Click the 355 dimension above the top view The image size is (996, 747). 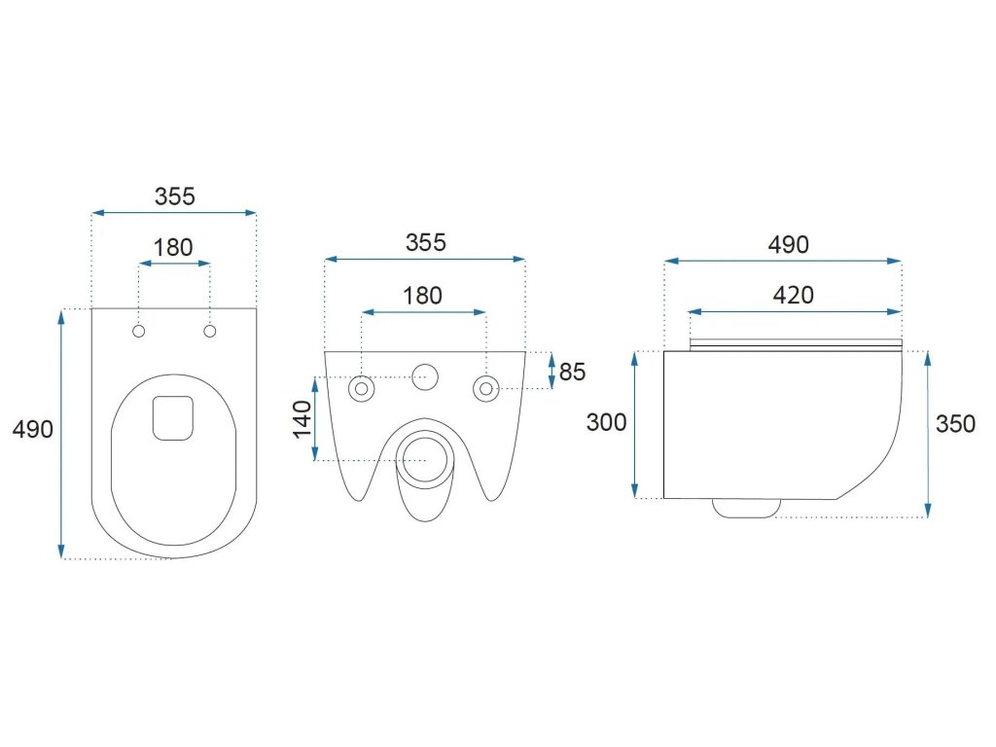(x=174, y=196)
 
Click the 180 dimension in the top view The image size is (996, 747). (x=174, y=247)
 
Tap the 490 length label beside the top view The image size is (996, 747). (x=33, y=429)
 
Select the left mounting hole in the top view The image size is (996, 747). (x=139, y=332)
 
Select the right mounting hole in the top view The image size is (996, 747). (x=209, y=332)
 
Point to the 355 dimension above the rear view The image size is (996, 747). (x=425, y=242)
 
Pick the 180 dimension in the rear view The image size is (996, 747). (x=423, y=296)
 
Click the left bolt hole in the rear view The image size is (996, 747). (x=362, y=388)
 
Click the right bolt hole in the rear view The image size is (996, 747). (x=484, y=388)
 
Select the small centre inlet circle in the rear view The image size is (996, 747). (x=424, y=375)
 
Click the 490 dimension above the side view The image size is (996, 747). (x=788, y=244)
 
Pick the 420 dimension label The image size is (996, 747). (x=794, y=295)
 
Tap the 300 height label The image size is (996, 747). (x=606, y=422)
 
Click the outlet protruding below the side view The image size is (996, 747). (x=746, y=507)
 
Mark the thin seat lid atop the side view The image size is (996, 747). (x=793, y=343)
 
